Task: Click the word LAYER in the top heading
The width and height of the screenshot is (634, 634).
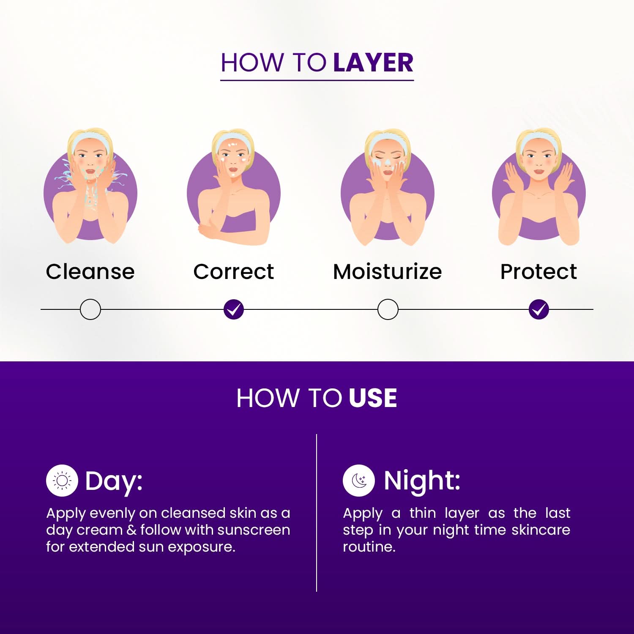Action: (373, 63)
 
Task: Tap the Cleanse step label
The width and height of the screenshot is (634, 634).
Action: (90, 271)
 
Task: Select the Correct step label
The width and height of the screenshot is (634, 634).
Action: (234, 271)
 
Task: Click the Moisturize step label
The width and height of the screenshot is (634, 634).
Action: (388, 271)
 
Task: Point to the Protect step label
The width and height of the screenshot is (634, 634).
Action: (538, 271)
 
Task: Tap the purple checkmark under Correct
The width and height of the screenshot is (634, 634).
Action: (234, 309)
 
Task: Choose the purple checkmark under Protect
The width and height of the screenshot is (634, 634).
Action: (539, 309)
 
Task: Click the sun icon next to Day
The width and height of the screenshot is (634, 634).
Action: (62, 481)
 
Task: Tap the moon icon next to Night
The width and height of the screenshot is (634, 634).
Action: (359, 481)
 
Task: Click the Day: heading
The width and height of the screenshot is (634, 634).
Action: (114, 481)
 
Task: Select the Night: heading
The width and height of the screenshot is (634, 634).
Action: (422, 481)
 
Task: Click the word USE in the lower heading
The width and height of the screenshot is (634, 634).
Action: (373, 398)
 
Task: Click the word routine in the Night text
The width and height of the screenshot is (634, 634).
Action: (369, 547)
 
